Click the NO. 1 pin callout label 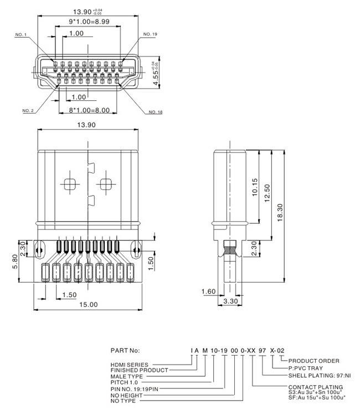click(x=21, y=35)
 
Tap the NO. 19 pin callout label click(x=150, y=34)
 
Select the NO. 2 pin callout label click(x=28, y=111)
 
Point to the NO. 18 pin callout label click(x=156, y=112)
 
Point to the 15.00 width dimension click(x=88, y=304)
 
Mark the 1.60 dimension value click(x=208, y=291)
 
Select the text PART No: click(x=126, y=351)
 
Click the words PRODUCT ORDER click(x=313, y=361)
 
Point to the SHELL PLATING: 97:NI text click(x=320, y=375)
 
